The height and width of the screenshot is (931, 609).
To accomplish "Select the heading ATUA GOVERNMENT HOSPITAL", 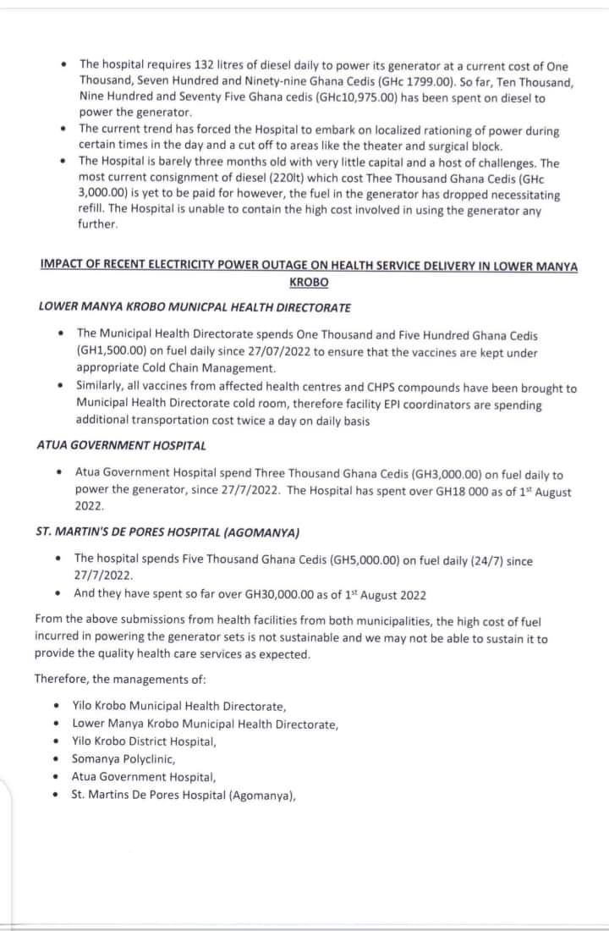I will (x=122, y=445).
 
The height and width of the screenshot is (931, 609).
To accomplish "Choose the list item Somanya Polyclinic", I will (x=123, y=759).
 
